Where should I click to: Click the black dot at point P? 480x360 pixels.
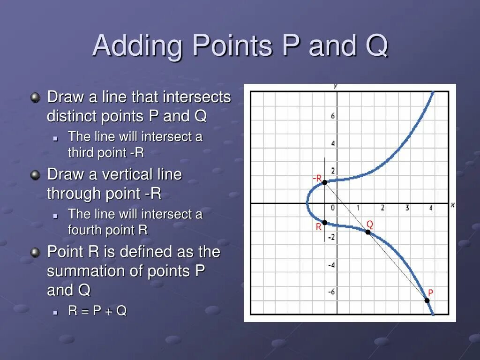[x=427, y=300]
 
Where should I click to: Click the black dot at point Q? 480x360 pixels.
[x=368, y=232]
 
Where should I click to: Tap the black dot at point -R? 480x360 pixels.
[x=324, y=182]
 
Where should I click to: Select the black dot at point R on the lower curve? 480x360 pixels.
[x=324, y=222]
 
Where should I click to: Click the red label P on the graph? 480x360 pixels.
[x=430, y=293]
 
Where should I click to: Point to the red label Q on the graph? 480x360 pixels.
[x=369, y=224]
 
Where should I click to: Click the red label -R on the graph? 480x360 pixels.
[x=317, y=179]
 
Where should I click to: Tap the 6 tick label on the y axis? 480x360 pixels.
[x=333, y=116]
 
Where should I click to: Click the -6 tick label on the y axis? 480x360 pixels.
[x=331, y=292]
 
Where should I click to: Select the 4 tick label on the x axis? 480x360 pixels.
[x=430, y=208]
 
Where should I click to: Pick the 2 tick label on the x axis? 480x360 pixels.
[x=382, y=208]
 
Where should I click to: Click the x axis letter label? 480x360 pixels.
[x=452, y=205]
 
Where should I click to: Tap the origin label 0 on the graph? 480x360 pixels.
[x=332, y=208]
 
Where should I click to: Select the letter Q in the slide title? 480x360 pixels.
[x=375, y=46]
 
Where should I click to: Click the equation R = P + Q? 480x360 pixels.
[x=97, y=311]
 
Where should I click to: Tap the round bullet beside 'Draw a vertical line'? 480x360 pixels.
[x=35, y=175]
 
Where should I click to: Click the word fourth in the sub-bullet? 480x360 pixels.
[x=85, y=230]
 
